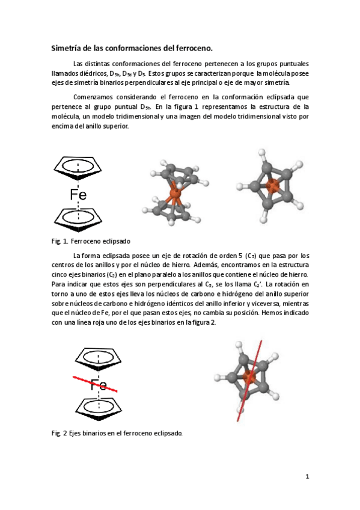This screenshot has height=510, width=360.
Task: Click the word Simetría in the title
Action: [66, 48]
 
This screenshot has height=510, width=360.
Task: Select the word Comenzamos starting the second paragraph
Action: [91, 97]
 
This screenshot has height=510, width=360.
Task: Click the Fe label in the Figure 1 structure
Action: [78, 194]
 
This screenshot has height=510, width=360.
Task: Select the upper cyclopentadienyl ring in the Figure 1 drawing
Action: [79, 167]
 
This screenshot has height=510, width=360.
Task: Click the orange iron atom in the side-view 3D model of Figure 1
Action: [175, 195]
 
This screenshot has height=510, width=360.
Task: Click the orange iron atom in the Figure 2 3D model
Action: [251, 378]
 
